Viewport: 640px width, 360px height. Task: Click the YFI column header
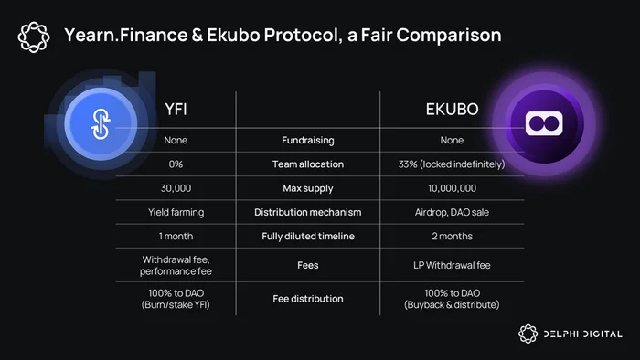tap(176, 110)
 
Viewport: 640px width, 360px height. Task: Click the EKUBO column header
tap(452, 110)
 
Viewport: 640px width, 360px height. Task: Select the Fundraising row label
tap(308, 141)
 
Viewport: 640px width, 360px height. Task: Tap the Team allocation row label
tap(308, 164)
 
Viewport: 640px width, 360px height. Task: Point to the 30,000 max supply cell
tap(176, 188)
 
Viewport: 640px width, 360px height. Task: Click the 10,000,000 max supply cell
tap(452, 188)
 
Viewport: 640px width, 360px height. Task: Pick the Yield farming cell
tap(176, 212)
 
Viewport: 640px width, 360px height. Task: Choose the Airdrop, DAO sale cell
tap(452, 212)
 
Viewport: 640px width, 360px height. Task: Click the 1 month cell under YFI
tap(176, 237)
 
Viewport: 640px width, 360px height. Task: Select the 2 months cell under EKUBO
tap(452, 237)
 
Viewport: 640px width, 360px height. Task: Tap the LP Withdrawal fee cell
tap(452, 265)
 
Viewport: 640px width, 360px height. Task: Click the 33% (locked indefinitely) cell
tap(452, 164)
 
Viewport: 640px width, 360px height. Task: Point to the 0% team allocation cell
tap(176, 164)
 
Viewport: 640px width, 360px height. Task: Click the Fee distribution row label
tap(308, 299)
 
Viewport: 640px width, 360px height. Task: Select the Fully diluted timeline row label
tap(308, 237)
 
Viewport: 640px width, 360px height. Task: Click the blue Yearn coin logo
tap(101, 123)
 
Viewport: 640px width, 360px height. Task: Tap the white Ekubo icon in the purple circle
tap(544, 123)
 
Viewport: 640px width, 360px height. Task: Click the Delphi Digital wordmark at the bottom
tap(583, 334)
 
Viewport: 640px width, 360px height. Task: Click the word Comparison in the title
tap(449, 36)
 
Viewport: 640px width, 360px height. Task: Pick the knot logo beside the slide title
tap(34, 37)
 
